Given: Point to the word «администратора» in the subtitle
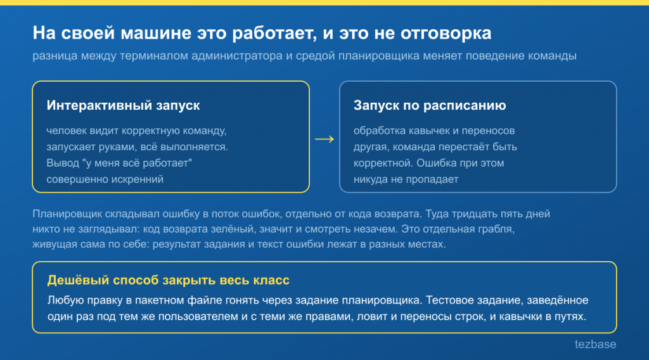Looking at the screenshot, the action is tap(237, 56).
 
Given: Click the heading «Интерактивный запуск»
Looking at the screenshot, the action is tap(123, 105).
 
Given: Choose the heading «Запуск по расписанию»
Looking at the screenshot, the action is tap(430, 105).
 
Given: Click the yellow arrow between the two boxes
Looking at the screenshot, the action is tap(324, 139).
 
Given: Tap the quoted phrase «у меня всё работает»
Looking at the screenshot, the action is tap(138, 163).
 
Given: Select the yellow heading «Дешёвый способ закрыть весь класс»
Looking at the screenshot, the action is tap(168, 280).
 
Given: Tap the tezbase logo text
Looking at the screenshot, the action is tap(595, 344).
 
